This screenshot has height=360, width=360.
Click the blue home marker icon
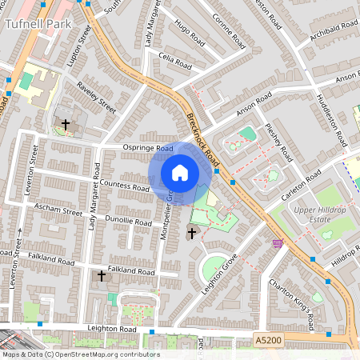(x=180, y=173)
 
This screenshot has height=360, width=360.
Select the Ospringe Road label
(x=148, y=149)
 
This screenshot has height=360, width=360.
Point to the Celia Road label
(x=176, y=58)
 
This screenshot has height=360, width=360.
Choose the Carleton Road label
(x=301, y=185)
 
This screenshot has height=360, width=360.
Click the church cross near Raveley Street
(x=66, y=124)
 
